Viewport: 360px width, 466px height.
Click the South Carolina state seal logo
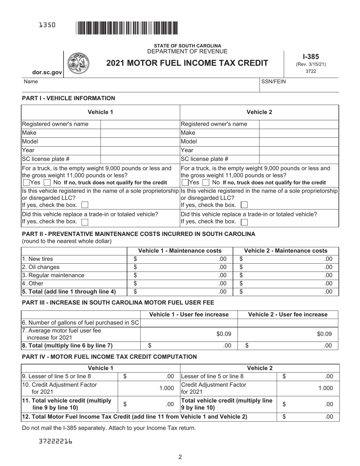[78, 63]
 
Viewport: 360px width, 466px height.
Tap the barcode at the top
[127, 28]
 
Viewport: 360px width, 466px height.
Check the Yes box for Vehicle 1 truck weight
[26, 183]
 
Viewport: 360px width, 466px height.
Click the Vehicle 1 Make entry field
[139, 133]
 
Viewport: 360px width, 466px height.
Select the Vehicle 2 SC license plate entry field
[299, 159]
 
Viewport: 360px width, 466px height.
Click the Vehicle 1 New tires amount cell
[180, 259]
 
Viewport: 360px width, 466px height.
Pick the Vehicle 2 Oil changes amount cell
[286, 267]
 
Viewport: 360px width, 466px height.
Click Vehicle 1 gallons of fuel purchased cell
[189, 323]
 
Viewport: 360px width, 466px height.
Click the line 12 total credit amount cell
[308, 417]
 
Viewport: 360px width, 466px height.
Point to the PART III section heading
[118, 302]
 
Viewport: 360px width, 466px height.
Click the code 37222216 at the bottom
[56, 441]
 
